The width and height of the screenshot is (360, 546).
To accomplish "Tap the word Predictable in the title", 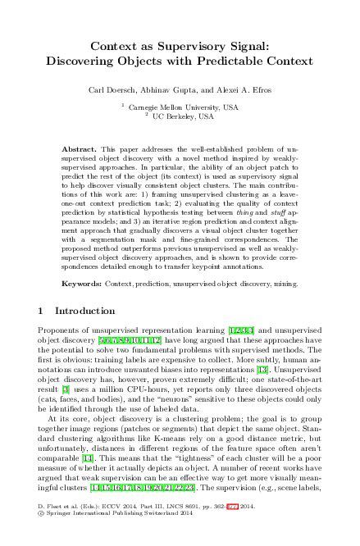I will tap(226, 61).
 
